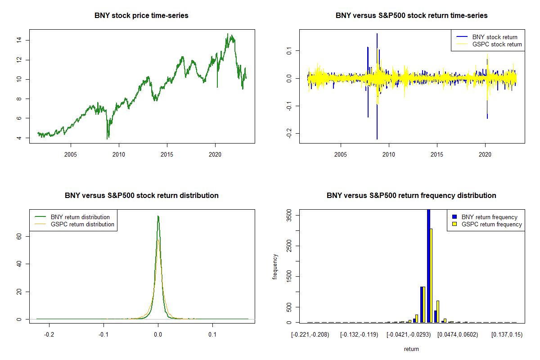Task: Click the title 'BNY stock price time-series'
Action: click(141, 16)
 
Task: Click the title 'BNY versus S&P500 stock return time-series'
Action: click(411, 16)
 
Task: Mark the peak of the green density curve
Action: click(158, 216)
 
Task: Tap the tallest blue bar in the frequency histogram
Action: click(429, 265)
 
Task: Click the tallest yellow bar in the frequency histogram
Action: click(431, 275)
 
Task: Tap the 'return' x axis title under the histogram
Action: click(411, 349)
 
